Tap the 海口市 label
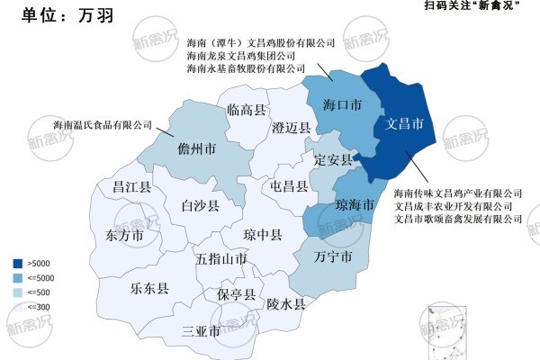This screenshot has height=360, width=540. click(x=342, y=106)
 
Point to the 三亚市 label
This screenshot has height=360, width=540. click(x=201, y=331)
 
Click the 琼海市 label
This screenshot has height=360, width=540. click(x=355, y=206)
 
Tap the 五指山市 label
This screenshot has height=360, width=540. click(x=221, y=259)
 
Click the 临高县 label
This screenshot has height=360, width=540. click(x=246, y=110)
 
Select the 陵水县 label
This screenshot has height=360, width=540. click(x=286, y=304)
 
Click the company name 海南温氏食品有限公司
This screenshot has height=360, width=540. click(x=103, y=125)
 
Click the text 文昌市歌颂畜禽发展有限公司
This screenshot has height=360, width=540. click(x=458, y=219)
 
